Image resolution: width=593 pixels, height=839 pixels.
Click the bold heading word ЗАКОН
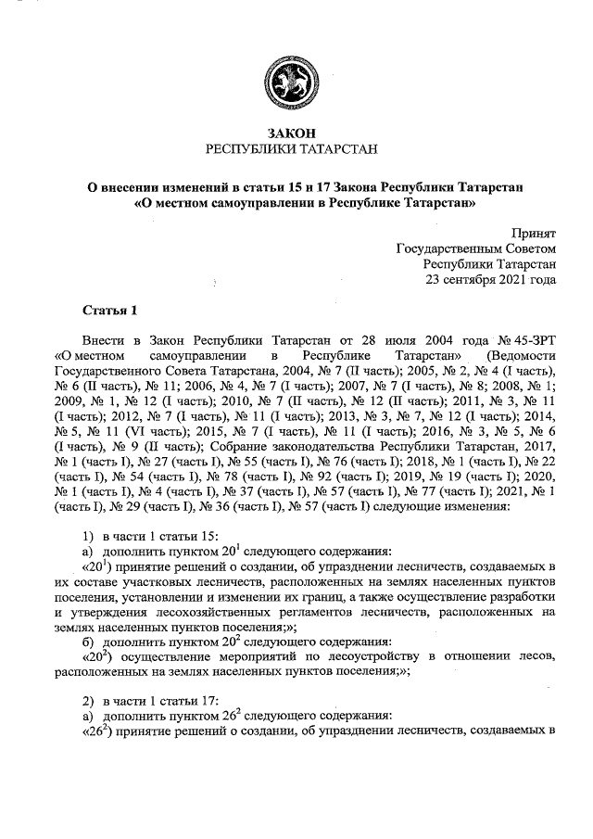pyautogui.click(x=291, y=133)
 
